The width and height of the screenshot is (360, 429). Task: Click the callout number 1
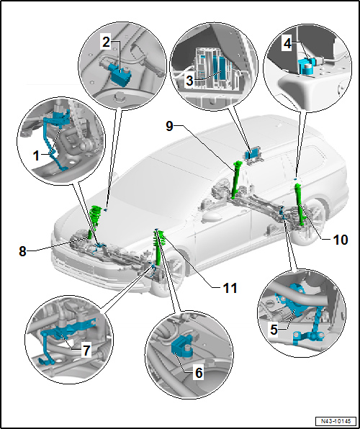pyautogui.click(x=37, y=156)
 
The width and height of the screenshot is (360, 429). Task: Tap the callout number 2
pyautogui.click(x=107, y=42)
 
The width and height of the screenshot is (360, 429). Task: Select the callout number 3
pyautogui.click(x=190, y=81)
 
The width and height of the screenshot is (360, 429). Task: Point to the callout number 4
pyautogui.click(x=287, y=44)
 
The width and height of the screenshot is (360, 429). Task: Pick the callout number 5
pyautogui.click(x=274, y=330)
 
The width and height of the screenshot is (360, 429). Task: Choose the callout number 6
pyautogui.click(x=199, y=373)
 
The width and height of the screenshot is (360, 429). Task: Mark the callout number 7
pyautogui.click(x=86, y=351)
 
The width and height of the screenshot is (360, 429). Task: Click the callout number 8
pyautogui.click(x=22, y=252)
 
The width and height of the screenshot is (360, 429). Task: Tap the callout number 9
pyautogui.click(x=169, y=127)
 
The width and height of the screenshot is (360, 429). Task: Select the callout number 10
pyautogui.click(x=341, y=240)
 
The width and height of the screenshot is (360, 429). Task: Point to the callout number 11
pyautogui.click(x=230, y=288)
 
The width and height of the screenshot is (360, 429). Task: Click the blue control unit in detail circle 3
pyautogui.click(x=220, y=67)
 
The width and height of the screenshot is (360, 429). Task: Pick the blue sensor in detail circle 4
pyautogui.click(x=307, y=65)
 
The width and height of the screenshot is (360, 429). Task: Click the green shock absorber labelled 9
pyautogui.click(x=235, y=179)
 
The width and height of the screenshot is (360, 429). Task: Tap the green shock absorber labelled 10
pyautogui.click(x=300, y=204)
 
